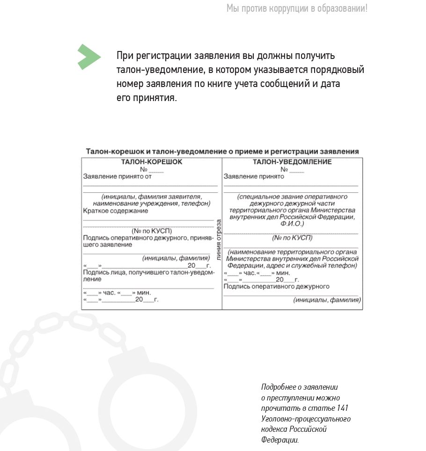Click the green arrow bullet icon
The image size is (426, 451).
point(89,57)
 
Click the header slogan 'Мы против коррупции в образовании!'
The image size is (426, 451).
point(297,8)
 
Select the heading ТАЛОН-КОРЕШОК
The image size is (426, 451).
point(152,162)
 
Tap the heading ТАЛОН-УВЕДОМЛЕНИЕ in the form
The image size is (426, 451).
point(292,162)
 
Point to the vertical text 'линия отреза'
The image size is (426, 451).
point(219,239)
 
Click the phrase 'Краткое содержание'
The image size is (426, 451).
point(116,211)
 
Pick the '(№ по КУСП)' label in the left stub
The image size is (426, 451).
point(152,231)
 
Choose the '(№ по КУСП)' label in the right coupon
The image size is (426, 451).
point(292,238)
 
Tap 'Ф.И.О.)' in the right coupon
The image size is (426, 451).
point(292,224)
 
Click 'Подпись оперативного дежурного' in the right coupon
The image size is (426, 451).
point(277,286)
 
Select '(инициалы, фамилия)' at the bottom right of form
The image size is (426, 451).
point(327,300)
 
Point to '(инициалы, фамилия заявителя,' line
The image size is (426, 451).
point(152,197)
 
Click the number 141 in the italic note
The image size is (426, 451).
point(342,408)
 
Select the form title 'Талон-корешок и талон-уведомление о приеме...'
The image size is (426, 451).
point(222,152)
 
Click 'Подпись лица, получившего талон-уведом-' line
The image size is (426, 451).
point(149,272)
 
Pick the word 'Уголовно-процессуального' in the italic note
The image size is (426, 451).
point(306,419)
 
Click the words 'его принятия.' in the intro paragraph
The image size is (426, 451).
point(147,98)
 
